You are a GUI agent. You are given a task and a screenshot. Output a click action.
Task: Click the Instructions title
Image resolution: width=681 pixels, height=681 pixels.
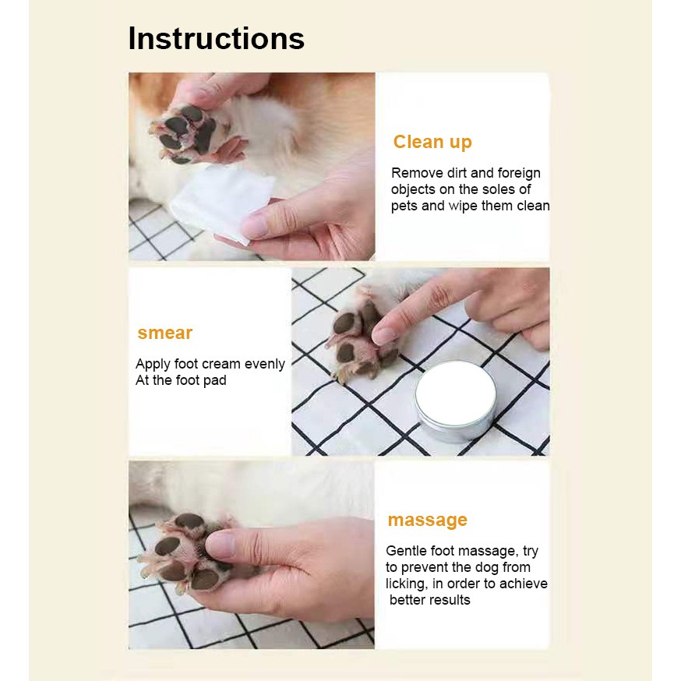pos(216,38)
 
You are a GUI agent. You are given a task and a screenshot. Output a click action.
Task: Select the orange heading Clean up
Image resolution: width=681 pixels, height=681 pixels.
pos(432,142)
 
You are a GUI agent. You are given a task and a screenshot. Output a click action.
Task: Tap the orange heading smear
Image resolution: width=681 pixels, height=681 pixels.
pos(164,333)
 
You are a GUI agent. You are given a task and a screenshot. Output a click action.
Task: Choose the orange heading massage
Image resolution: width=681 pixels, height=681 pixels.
pos(427,520)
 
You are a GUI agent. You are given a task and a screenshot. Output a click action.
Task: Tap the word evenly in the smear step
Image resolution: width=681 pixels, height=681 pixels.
pos(265,364)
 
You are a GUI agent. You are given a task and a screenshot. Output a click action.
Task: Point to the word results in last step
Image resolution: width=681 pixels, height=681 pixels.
pos(448,600)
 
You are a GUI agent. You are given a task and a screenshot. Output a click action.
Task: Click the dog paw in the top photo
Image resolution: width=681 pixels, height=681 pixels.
pos(187,134)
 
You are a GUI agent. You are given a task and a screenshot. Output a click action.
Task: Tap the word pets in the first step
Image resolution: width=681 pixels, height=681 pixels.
pos(405,206)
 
